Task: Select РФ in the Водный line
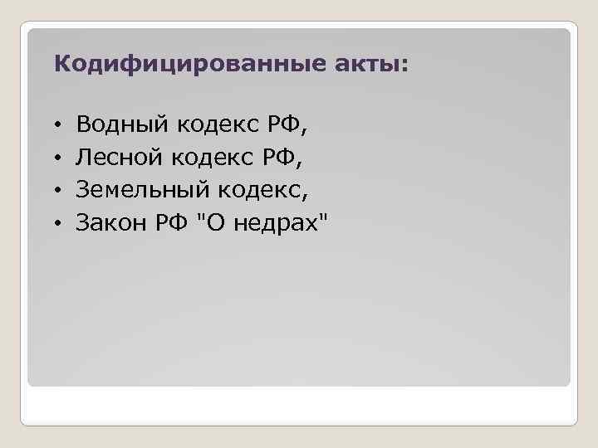(x=287, y=125)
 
